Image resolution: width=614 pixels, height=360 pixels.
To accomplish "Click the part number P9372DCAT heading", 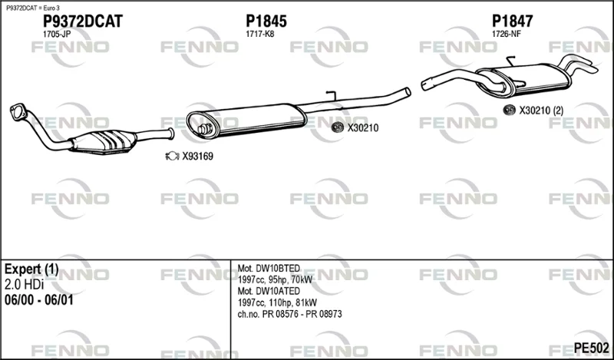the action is coord(83,21).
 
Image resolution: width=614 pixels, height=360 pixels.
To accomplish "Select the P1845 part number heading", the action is coord(266,21).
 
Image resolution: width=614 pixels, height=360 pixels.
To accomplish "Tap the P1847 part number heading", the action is coord(512,21).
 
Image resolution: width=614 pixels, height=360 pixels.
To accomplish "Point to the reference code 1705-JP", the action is coord(57,34).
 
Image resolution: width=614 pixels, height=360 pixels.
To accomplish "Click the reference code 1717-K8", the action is coord(260,34).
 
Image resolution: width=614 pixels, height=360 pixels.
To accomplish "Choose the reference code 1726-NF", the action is coord(507,34).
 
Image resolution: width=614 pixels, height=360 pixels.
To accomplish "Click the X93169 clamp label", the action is coord(198,157).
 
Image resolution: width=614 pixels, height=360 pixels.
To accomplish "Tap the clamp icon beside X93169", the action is coord(172,157).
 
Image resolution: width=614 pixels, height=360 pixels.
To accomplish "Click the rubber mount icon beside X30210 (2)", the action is coord(509,110).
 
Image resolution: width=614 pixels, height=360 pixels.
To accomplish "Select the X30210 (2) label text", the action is coord(541,111).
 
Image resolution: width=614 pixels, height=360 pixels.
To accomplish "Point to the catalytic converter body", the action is coord(104,141).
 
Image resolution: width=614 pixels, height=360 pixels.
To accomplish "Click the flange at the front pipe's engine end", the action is coord(18,111).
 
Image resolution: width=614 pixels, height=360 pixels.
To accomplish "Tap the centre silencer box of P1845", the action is coord(246,121).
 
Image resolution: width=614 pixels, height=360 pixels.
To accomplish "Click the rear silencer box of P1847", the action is coord(523,81).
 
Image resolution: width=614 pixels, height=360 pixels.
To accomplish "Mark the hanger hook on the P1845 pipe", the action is coord(332,96).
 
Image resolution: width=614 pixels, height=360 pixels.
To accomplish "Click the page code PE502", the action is coord(591,348).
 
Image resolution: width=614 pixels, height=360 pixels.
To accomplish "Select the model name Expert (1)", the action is coord(31,269).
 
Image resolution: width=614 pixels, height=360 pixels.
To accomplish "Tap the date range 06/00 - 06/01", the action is coord(39,300).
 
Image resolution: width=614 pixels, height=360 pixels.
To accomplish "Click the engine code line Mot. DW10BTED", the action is coord(269,269).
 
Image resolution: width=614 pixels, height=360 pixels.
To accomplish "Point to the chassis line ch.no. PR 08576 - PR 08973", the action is coord(290,314).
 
